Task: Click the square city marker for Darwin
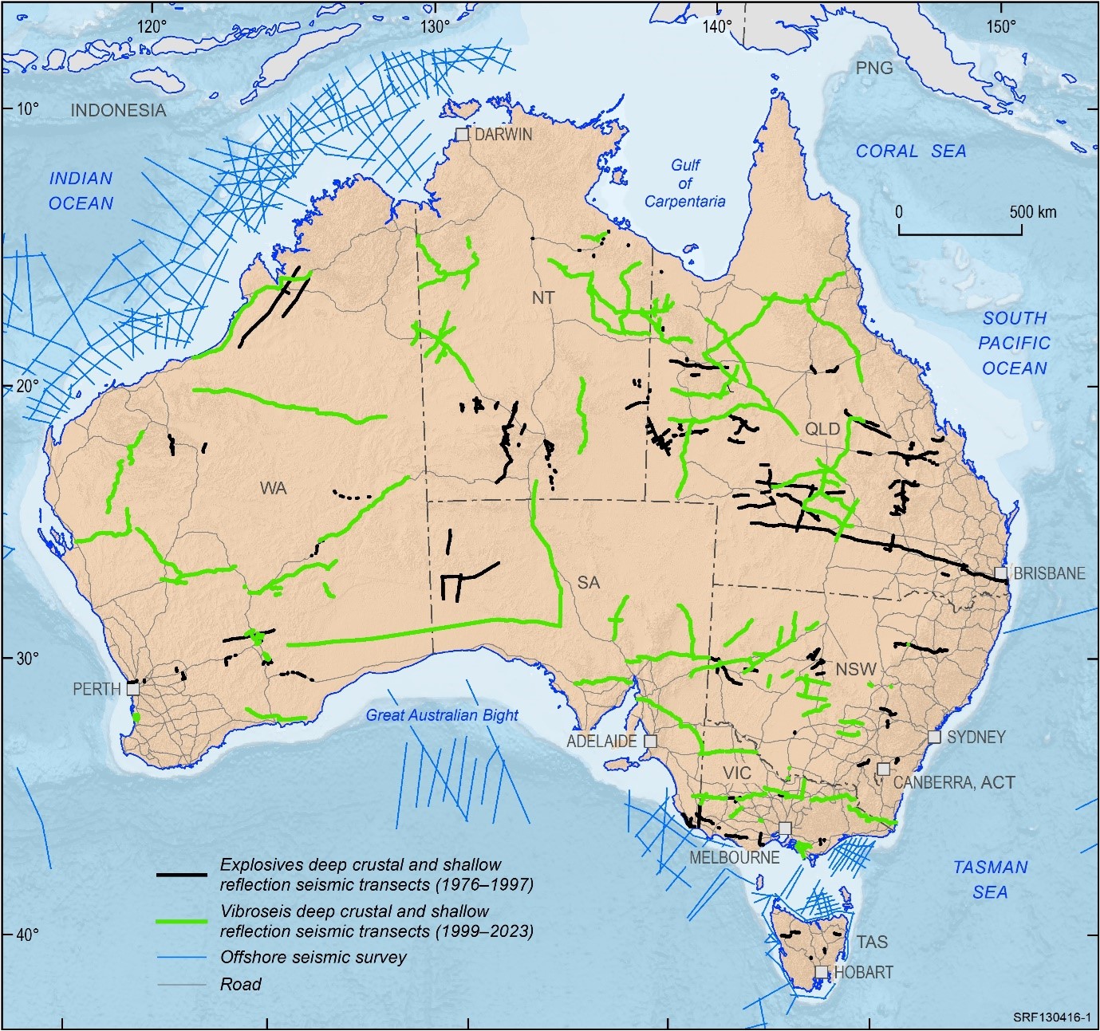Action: [x=462, y=134]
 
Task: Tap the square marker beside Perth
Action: [x=133, y=688]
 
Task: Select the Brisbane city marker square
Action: [x=1001, y=573]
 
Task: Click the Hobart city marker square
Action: [x=822, y=972]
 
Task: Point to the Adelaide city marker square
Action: [x=650, y=741]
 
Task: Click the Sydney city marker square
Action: [x=934, y=737]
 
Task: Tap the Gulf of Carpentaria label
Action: [x=684, y=183]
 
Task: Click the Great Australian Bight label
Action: [x=442, y=715]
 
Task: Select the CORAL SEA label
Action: [x=911, y=151]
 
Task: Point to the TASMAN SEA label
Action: [x=990, y=879]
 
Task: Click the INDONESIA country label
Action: [x=119, y=110]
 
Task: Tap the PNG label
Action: [x=874, y=68]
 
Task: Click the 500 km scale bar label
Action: [x=1033, y=212]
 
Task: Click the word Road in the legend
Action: [x=240, y=984]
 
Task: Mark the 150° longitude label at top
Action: [x=1000, y=26]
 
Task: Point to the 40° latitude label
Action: [x=27, y=934]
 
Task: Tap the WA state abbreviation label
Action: [x=273, y=488]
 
